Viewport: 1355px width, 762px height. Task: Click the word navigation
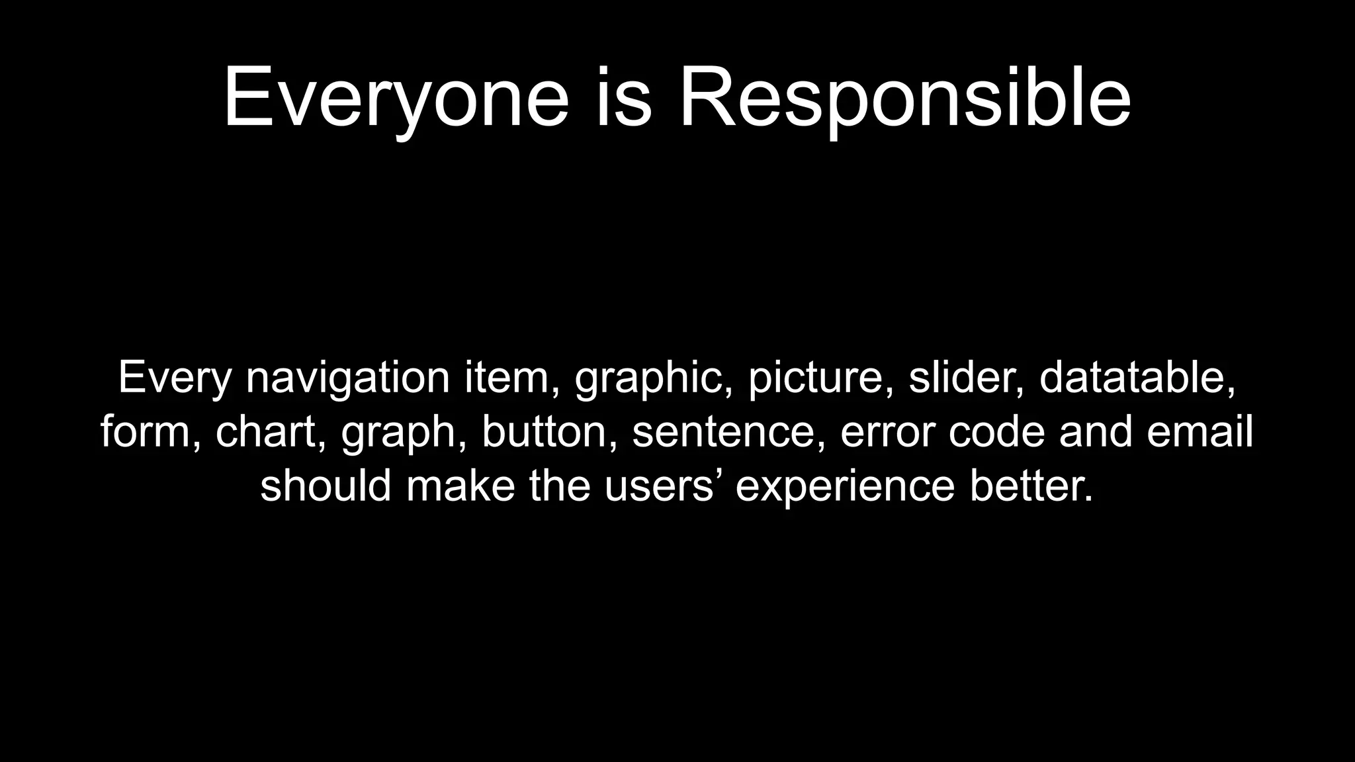point(348,378)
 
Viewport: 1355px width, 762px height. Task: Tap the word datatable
point(1137,378)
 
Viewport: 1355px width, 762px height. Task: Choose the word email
point(1200,432)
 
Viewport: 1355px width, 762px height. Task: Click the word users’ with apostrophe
point(663,486)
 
